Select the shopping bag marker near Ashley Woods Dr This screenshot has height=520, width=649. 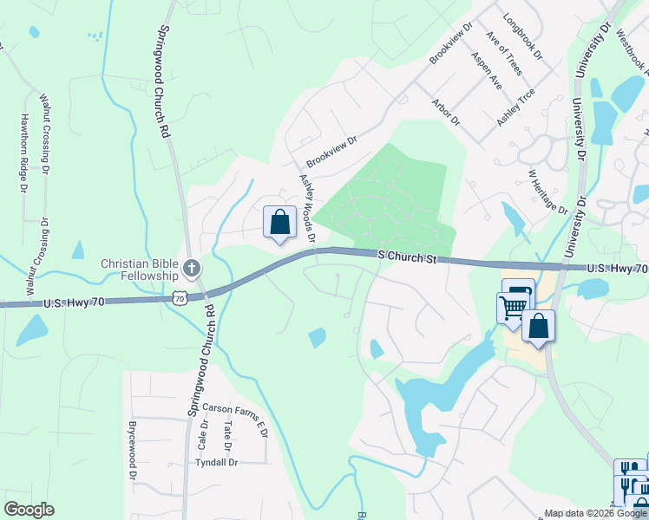[x=280, y=224]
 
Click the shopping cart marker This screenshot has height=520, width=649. [x=513, y=306]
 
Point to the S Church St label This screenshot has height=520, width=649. [x=404, y=257]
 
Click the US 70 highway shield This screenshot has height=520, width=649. [x=179, y=297]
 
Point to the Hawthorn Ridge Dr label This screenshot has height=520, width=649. [x=24, y=153]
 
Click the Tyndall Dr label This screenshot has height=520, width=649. [x=216, y=463]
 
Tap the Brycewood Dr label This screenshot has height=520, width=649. [x=133, y=451]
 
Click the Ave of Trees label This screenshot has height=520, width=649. [x=504, y=53]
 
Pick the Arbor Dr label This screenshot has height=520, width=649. [x=445, y=118]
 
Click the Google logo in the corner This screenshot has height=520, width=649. [x=29, y=510]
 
